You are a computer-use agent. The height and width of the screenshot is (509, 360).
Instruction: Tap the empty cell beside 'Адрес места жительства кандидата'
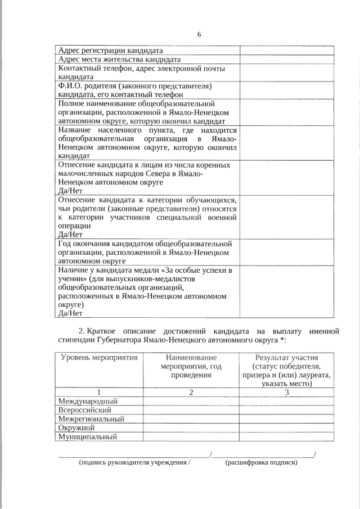(x=287, y=59)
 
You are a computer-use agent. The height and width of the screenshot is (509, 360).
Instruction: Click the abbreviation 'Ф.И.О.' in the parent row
(x=70, y=86)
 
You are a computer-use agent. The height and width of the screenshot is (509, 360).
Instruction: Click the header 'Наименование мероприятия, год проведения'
(x=191, y=366)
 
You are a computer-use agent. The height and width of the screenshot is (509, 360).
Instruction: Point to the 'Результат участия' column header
(x=286, y=358)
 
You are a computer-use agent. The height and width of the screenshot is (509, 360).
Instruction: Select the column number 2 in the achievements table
(x=191, y=392)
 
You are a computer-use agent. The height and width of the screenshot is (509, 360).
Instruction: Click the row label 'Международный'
(x=88, y=401)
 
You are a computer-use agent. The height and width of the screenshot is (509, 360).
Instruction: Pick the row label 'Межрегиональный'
(x=91, y=419)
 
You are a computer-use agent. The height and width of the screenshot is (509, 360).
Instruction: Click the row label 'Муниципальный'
(x=87, y=436)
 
